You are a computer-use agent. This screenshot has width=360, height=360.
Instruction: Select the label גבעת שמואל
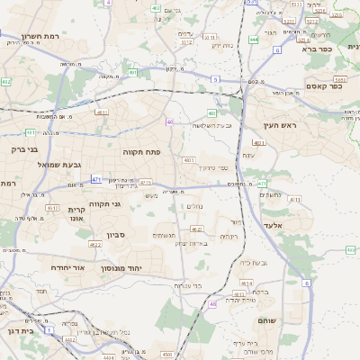(x=60, y=165)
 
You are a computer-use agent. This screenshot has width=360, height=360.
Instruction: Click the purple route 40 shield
(x=168, y=121)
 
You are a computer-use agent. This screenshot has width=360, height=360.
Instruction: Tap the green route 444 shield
(x=255, y=40)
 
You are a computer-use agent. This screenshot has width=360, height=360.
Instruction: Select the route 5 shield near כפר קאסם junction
(x=215, y=80)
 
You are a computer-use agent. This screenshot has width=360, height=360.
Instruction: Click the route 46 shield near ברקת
(x=213, y=304)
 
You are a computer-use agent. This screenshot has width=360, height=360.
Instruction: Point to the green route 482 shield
(x=7, y=82)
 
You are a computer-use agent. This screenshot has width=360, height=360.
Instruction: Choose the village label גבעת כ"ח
(x=257, y=263)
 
